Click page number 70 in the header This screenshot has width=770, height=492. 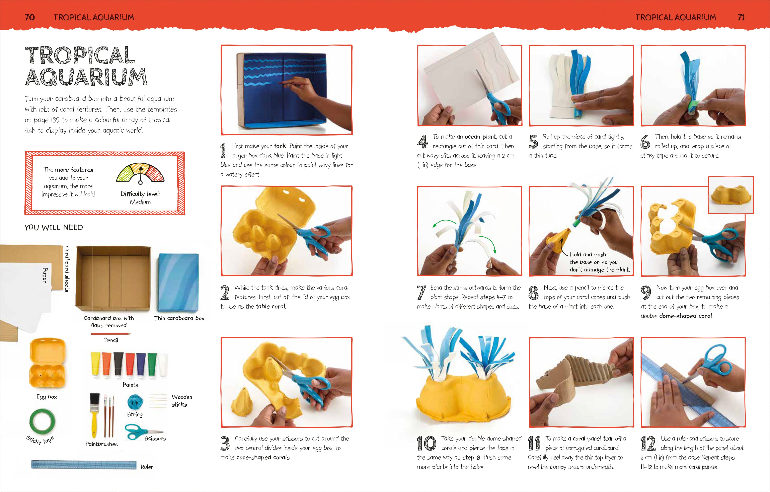pyautogui.click(x=30, y=17)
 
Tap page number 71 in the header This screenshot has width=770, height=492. pyautogui.click(x=741, y=17)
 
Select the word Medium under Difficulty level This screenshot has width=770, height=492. pyautogui.click(x=140, y=202)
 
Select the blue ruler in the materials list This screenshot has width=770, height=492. pyautogui.click(x=84, y=465)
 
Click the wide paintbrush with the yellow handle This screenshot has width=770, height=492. pyautogui.click(x=94, y=416)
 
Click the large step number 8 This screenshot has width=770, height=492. pyautogui.click(x=533, y=292)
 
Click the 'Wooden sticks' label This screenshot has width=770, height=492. pyautogui.click(x=182, y=401)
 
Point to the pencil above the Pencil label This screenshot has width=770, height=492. pyautogui.click(x=111, y=334)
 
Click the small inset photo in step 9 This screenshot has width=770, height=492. pyautogui.click(x=731, y=195)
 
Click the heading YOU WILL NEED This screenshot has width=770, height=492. pyautogui.click(x=54, y=227)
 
